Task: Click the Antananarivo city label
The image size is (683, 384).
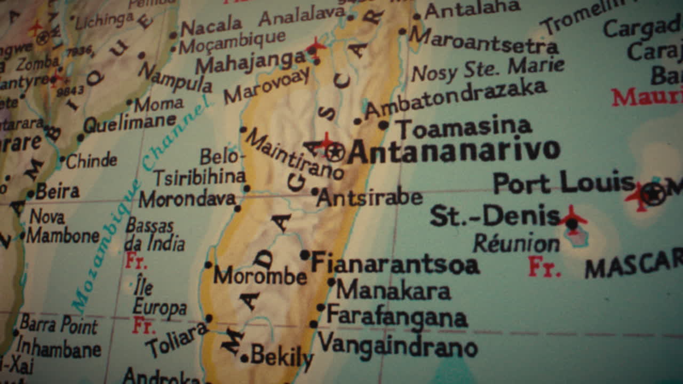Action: coord(454,152)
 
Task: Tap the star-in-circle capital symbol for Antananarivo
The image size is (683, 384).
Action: coord(335,153)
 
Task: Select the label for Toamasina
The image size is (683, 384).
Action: coord(464,128)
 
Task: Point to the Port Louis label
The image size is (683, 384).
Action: coord(563,183)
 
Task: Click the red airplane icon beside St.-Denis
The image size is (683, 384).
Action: coord(572,218)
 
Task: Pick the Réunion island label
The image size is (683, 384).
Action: coord(516,244)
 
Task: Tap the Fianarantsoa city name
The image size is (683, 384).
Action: coord(395,263)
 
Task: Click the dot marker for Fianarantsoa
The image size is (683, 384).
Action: coord(305,255)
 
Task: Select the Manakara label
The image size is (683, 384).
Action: coord(394,291)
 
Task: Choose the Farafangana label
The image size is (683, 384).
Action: coord(397,316)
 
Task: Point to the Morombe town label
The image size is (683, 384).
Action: coord(260,276)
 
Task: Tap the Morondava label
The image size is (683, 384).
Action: coord(187,199)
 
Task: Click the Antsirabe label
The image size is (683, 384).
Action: coord(369,198)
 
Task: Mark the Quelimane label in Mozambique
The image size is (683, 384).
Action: coord(130,124)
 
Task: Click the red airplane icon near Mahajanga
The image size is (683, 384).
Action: coord(316,47)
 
